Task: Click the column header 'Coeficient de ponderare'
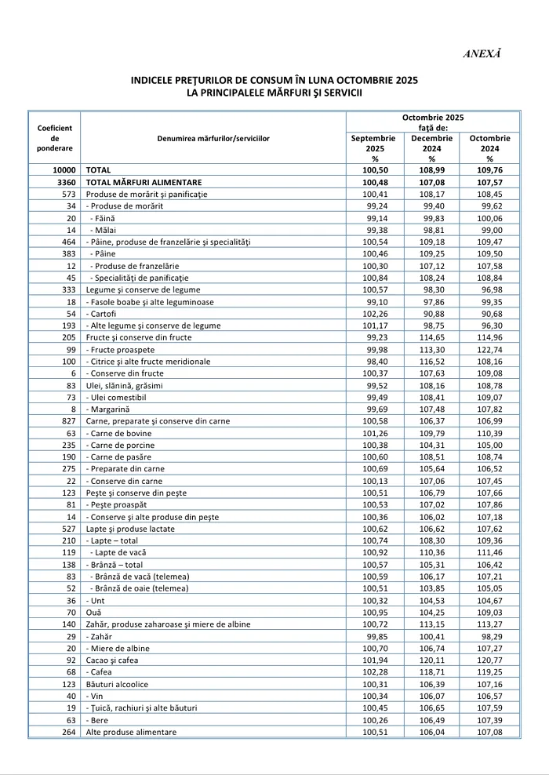click(55, 138)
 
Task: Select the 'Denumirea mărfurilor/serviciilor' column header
click(213, 138)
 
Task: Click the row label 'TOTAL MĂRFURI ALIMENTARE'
click(144, 182)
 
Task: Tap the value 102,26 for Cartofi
click(374, 314)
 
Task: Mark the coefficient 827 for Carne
click(69, 421)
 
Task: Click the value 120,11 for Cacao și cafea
click(431, 660)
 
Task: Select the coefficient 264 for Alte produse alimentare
click(69, 733)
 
